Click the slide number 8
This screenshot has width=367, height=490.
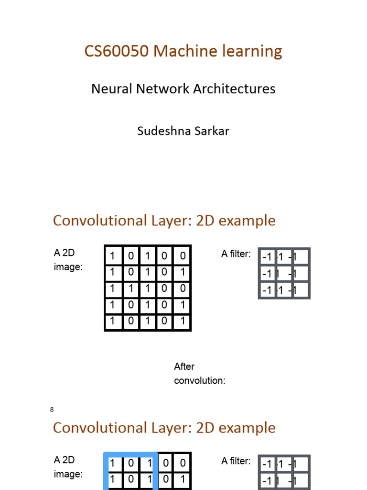click(x=52, y=410)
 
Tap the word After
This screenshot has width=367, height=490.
click(x=184, y=367)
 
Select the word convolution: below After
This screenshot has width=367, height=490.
click(x=199, y=381)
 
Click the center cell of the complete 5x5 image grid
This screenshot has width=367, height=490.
click(x=148, y=289)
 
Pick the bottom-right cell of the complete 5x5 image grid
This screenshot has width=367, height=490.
click(x=182, y=321)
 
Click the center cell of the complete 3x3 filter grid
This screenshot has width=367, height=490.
click(x=284, y=274)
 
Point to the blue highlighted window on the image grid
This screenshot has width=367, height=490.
click(x=130, y=471)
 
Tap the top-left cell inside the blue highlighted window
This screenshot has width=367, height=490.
click(x=113, y=463)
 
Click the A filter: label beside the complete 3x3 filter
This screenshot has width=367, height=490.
click(x=236, y=254)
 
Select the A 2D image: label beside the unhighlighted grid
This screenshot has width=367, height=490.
click(x=68, y=260)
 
